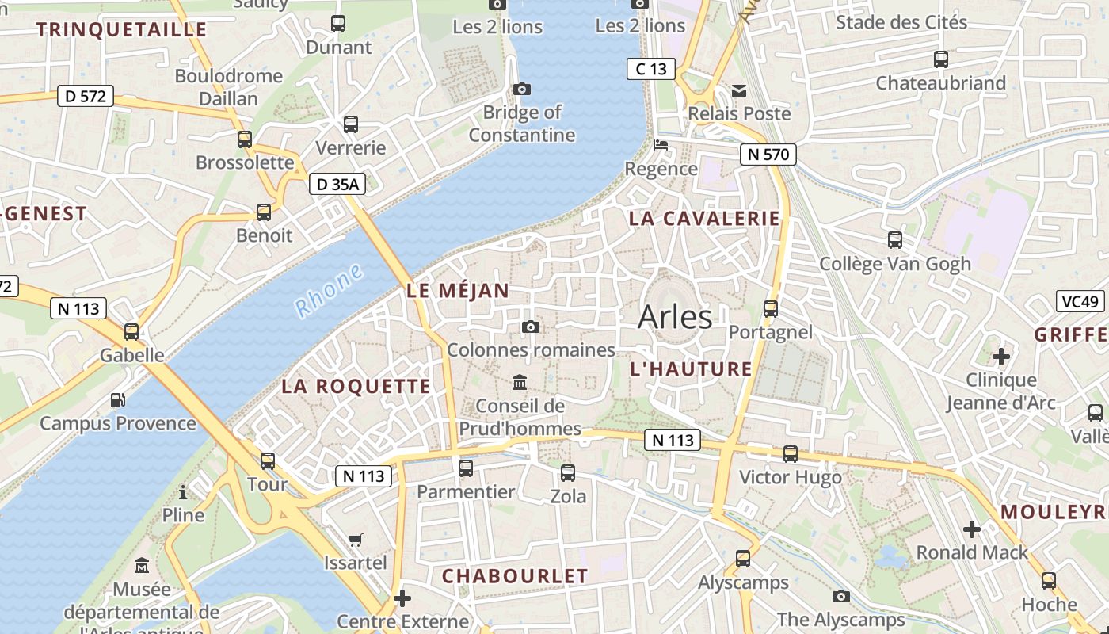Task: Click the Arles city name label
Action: coord(675,317)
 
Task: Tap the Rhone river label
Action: coord(328,291)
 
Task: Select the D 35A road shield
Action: coord(337,185)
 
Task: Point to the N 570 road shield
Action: coord(768,155)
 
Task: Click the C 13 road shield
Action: coord(650,69)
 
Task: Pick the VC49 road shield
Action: coord(1080,301)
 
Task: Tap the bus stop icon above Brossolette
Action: coord(245,139)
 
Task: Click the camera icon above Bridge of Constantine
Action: coord(522,89)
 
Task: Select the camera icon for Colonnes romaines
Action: coord(532,327)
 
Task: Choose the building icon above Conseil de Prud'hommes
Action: coord(520,383)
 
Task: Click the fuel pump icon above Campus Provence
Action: coord(117,400)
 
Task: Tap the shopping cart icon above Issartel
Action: coord(356,540)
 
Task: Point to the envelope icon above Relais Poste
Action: coord(739,90)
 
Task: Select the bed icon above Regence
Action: coord(661,145)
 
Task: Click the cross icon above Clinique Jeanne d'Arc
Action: coord(1001,357)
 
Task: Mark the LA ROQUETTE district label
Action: coord(356,387)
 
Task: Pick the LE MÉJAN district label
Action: coord(458,291)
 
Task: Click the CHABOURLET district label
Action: coord(515,576)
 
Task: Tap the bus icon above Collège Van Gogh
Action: coord(895,239)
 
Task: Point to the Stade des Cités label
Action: coord(901,22)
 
